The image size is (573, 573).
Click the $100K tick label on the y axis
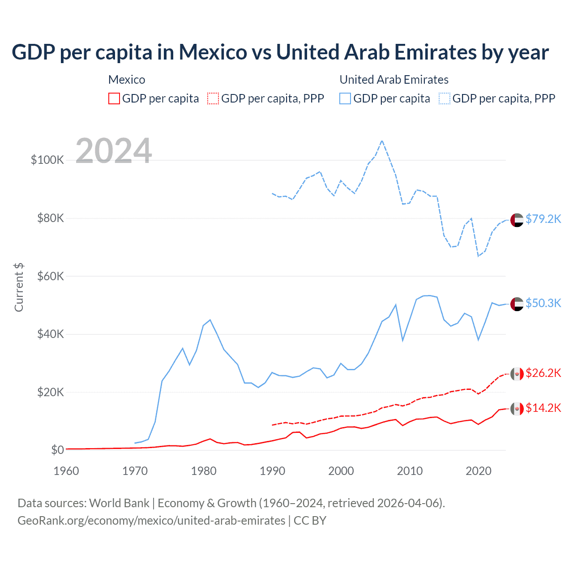47,160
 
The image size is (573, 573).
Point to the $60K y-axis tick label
51,276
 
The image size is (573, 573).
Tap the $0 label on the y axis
57,450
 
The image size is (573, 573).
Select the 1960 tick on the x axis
66,471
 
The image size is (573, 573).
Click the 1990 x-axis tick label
272,471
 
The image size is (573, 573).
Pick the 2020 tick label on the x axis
479,471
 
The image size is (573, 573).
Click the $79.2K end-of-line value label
543,219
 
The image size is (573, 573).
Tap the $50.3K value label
543,303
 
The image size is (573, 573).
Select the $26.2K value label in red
543,373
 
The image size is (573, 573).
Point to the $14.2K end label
543,408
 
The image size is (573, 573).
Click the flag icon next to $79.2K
517,220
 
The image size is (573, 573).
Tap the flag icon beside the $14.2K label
517,408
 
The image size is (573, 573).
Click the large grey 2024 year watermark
114,150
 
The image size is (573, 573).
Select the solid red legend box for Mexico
114,98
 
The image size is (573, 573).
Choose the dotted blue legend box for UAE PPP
445,98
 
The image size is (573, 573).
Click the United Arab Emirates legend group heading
394,80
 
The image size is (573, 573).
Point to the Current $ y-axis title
19,287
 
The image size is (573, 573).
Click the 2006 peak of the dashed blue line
382,141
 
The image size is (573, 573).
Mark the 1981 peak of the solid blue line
210,320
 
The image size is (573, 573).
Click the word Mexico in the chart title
213,52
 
